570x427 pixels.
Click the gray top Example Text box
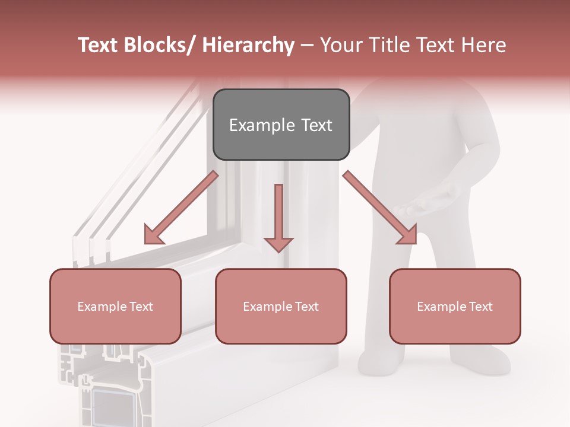point(281,125)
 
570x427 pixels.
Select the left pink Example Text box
point(115,306)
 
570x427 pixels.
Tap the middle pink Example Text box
point(281,306)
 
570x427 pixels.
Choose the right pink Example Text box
point(455,306)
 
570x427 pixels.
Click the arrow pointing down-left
point(180,208)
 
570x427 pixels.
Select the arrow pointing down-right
point(381,208)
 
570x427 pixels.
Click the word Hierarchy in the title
point(248,46)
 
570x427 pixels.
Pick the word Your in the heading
point(339,46)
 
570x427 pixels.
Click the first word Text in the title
point(98,46)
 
